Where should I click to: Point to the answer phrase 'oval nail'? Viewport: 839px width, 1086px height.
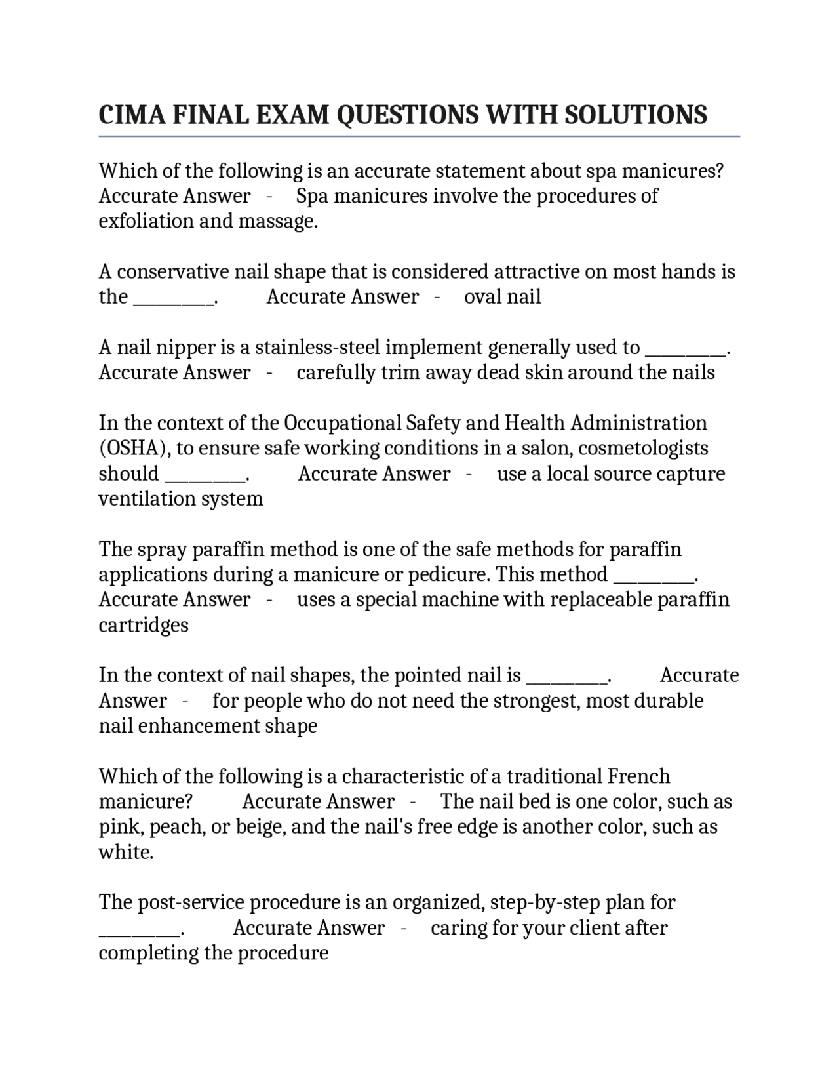[502, 296]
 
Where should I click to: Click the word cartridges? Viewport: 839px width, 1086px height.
[144, 624]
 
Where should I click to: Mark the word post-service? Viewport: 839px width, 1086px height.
[191, 902]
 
